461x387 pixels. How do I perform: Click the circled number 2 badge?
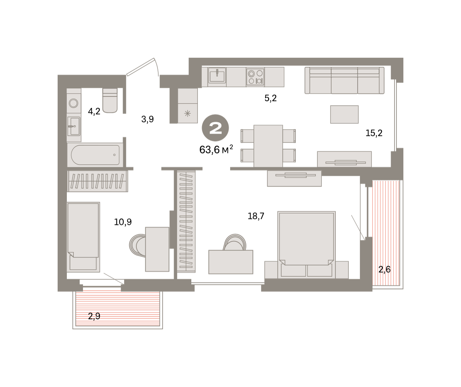pyautogui.click(x=215, y=128)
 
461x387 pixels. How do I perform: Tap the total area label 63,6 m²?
pyautogui.click(x=216, y=150)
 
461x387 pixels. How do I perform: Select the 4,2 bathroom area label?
pyautogui.click(x=94, y=111)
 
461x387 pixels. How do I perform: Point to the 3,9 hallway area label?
pyautogui.click(x=148, y=119)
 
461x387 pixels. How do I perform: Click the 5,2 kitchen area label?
pyautogui.click(x=270, y=98)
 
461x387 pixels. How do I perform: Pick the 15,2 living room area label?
pyautogui.click(x=374, y=133)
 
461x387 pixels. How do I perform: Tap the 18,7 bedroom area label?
pyautogui.click(x=256, y=216)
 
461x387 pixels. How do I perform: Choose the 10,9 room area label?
pyautogui.click(x=123, y=222)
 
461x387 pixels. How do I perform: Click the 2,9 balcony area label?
pyautogui.click(x=94, y=316)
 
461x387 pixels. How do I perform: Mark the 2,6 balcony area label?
pyautogui.click(x=385, y=270)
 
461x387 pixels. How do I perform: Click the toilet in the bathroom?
pyautogui.click(x=110, y=100)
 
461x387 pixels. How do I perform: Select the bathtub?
pyautogui.click(x=95, y=155)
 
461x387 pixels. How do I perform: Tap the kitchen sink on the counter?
pyautogui.click(x=217, y=75)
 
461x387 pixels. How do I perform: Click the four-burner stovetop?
pyautogui.click(x=255, y=77)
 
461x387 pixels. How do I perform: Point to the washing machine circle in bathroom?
pyautogui.click(x=73, y=103)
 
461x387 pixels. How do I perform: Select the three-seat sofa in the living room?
pyautogui.click(x=345, y=80)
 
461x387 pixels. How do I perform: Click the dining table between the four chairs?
pyautogui.click(x=268, y=146)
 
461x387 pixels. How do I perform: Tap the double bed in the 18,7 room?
pyautogui.click(x=307, y=245)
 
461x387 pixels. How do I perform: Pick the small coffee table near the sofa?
pyautogui.click(x=344, y=114)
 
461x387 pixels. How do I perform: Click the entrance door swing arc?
pyautogui.click(x=156, y=66)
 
